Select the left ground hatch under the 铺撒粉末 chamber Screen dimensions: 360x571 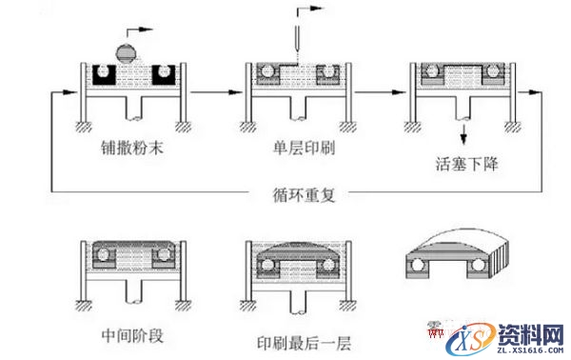point(85,127)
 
